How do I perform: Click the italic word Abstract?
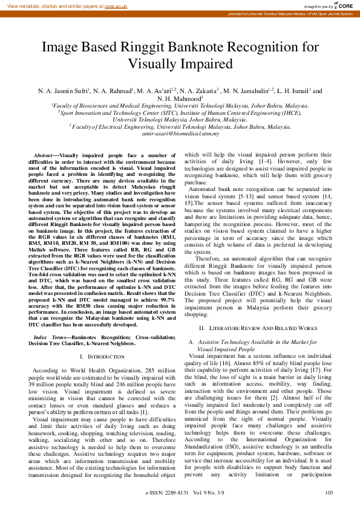[x=44, y=156]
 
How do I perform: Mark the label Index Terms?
[x=49, y=337]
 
